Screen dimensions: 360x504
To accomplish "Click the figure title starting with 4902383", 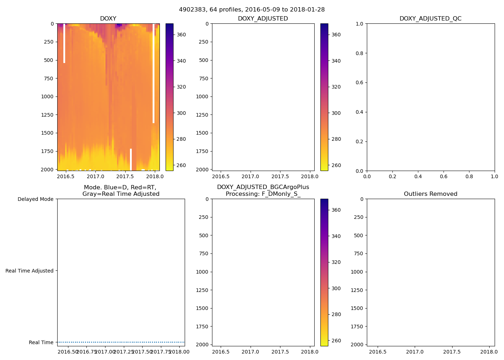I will pyautogui.click(x=252, y=10).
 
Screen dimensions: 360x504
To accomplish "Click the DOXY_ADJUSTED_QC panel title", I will pyautogui.click(x=430, y=19).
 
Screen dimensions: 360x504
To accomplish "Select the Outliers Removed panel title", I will pyautogui.click(x=430, y=194).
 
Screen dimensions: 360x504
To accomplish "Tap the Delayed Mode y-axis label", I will pyautogui.click(x=35, y=199).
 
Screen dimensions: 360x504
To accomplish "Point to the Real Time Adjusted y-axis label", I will pyautogui.click(x=29, y=271).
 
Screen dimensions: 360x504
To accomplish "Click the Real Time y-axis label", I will pyautogui.click(x=41, y=342).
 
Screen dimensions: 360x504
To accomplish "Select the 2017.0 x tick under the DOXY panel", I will pyautogui.click(x=95, y=176).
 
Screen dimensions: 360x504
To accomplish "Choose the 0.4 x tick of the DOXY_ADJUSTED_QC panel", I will pyautogui.click(x=418, y=176).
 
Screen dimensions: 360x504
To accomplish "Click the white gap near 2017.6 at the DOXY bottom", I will pyautogui.click(x=131, y=159).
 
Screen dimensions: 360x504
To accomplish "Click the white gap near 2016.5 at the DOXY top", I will pyautogui.click(x=64, y=43).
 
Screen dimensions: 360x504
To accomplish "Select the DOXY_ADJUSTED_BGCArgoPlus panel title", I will pyautogui.click(x=263, y=190).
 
